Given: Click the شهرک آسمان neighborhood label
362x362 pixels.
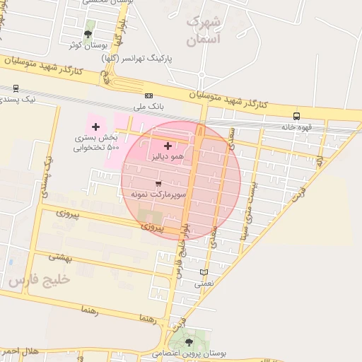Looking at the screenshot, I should [204, 32].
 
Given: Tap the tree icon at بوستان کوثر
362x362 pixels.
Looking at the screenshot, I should [88, 33].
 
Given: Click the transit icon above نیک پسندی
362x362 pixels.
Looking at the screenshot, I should [16, 88].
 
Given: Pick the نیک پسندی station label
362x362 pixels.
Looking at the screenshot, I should [20, 100].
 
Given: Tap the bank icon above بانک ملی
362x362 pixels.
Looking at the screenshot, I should [148, 95].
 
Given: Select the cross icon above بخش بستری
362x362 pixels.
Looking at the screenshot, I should [96, 126].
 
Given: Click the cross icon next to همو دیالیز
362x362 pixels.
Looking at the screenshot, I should [167, 145].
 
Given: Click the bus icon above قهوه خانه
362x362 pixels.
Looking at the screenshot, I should [296, 116].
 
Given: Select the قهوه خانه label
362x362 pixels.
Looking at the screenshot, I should [297, 127].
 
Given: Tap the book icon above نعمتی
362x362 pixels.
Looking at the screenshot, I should [204, 272].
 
